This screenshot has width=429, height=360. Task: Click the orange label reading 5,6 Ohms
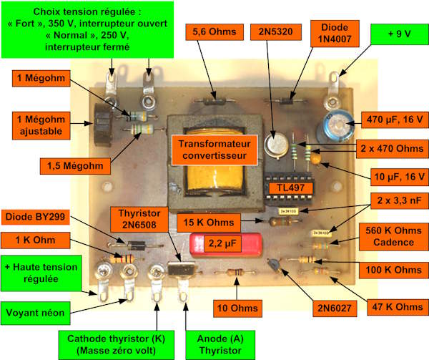[x=214, y=32]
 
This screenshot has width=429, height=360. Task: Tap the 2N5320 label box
[x=276, y=32]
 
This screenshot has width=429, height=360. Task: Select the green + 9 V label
[x=400, y=34]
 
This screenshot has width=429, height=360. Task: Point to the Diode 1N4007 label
[x=335, y=34]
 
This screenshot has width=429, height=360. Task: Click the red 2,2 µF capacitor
[x=226, y=245]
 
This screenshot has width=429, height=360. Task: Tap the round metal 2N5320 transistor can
[x=276, y=145]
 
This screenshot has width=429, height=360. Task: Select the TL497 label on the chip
[x=290, y=188]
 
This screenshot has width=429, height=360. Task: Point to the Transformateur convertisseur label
[x=214, y=150]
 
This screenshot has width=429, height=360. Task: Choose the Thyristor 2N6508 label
[x=139, y=219]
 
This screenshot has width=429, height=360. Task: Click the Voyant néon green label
[x=35, y=313]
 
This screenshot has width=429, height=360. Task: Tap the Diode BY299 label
[x=35, y=217]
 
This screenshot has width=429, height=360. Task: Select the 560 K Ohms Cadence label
[x=393, y=236]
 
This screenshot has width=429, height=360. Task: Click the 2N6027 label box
[x=335, y=308]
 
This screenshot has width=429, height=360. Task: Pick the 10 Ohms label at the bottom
[x=237, y=308]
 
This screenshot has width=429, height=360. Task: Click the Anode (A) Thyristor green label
[x=220, y=345]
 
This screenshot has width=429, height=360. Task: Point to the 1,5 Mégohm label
[x=75, y=166]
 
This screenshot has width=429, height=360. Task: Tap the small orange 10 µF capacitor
[x=316, y=158]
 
